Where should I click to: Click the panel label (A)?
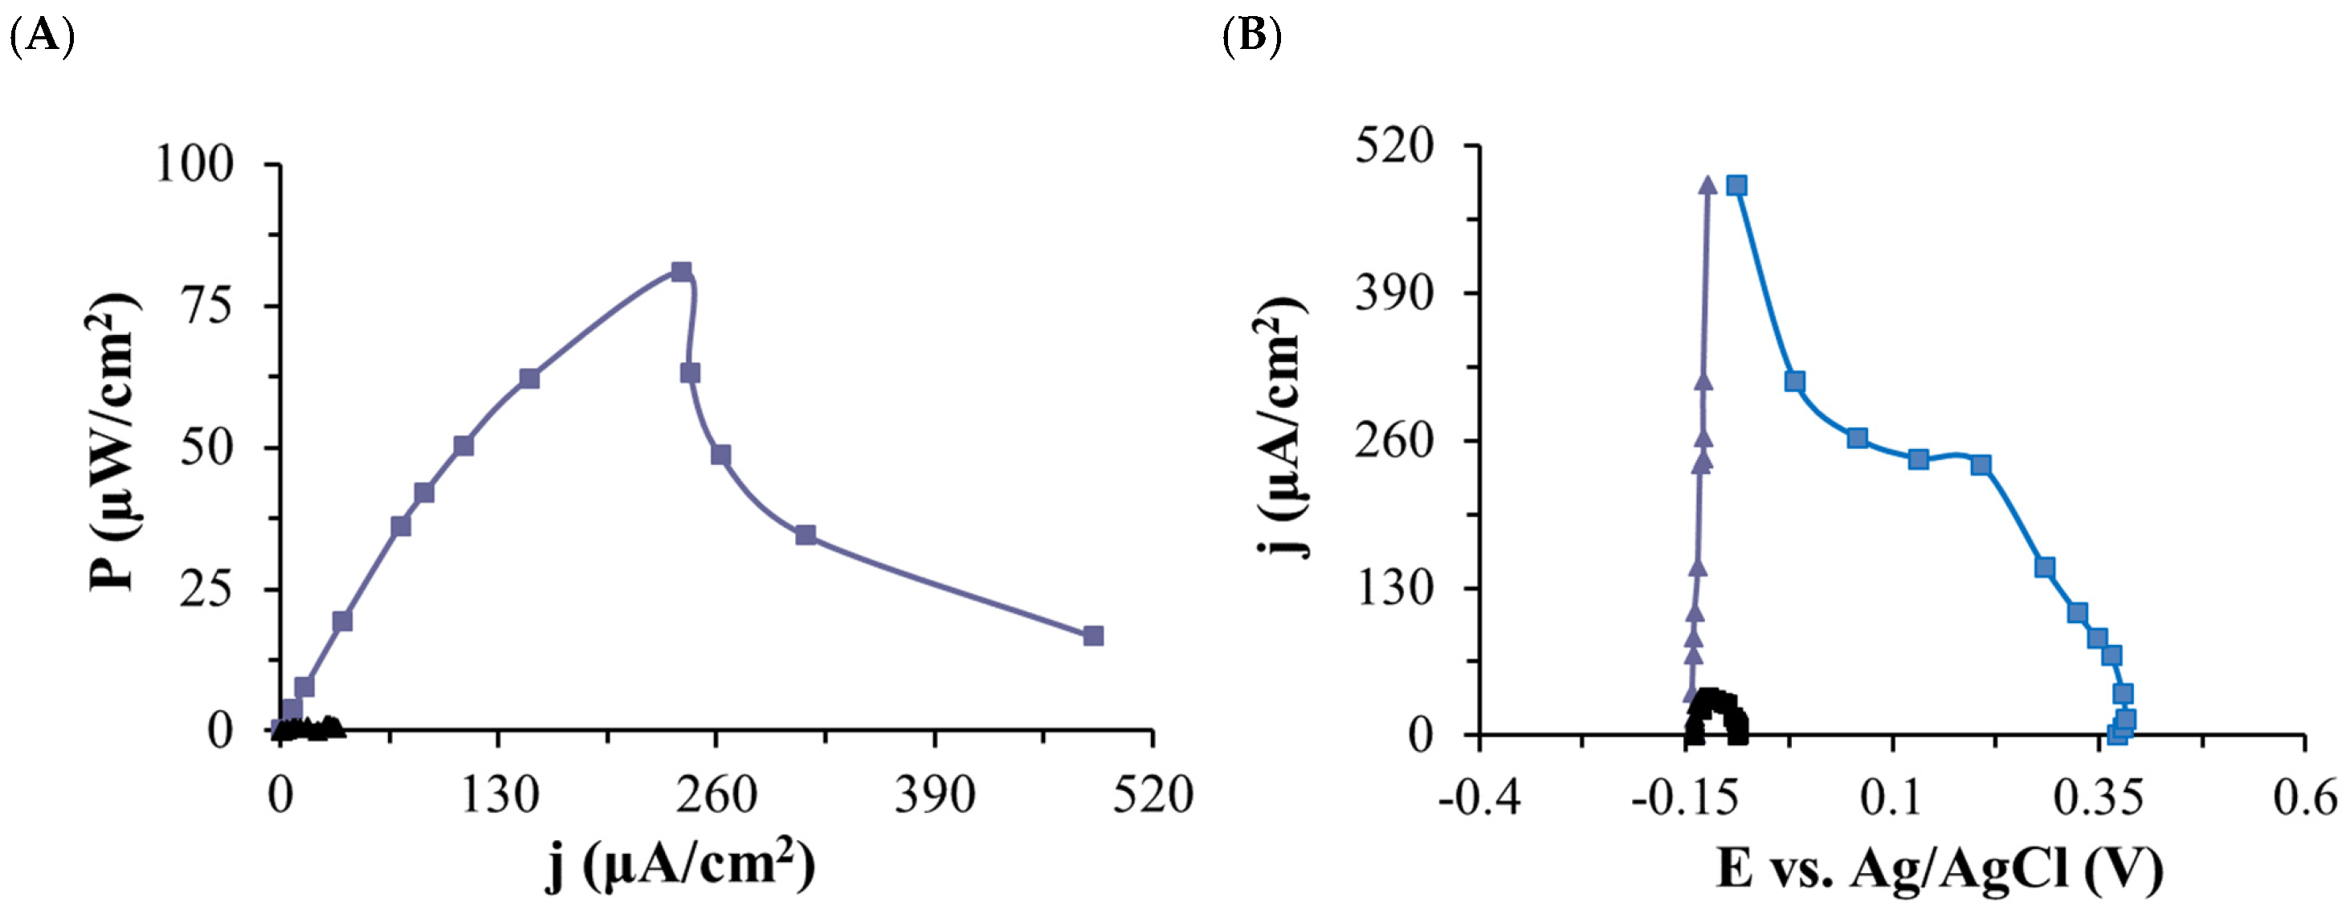pos(41,36)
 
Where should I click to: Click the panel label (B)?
pos(1251,36)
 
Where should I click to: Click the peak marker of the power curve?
pos(680,272)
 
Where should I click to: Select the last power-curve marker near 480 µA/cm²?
pos(1093,636)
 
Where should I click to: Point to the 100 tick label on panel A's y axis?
pos(194,165)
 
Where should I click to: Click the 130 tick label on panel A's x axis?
pos(498,794)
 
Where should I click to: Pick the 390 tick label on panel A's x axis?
pos(934,794)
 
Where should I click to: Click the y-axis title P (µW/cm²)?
pos(113,442)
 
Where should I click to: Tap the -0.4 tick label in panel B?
pos(1479,798)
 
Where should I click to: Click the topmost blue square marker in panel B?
pos(1737,186)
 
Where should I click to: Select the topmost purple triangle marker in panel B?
pos(1707,186)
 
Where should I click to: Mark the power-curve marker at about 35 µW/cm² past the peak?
pos(805,535)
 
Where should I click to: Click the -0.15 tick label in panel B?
pos(1684,798)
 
